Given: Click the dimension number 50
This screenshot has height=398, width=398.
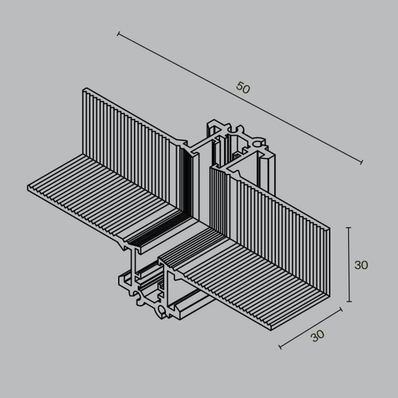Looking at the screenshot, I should [243, 88].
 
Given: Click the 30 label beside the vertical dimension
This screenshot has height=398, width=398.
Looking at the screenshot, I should [361, 265].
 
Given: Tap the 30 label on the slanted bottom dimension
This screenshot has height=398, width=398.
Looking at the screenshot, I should [318, 336].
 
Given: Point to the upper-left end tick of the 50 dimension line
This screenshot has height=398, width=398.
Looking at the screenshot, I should [118, 35].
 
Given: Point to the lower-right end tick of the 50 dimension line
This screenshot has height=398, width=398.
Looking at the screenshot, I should [362, 163].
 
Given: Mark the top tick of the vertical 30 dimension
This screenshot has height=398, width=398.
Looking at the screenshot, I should [349, 228].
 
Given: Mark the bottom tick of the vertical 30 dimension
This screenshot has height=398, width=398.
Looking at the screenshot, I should [349, 302].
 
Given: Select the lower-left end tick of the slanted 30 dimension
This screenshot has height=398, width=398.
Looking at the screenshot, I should [280, 347].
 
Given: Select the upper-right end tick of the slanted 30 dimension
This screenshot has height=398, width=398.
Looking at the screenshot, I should [341, 309].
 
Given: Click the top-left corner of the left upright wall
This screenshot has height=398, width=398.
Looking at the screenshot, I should [85, 89].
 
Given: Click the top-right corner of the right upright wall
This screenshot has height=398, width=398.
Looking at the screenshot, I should [329, 229].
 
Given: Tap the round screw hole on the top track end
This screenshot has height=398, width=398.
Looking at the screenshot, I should [256, 139].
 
